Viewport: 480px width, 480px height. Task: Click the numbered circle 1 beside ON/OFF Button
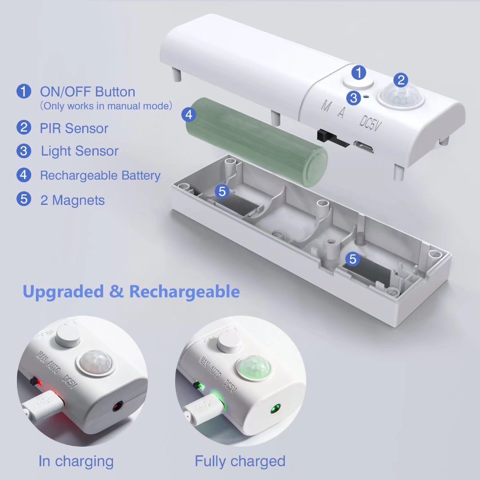point(24,91)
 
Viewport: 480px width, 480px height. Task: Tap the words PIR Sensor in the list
point(74,128)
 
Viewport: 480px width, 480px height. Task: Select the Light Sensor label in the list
point(80,151)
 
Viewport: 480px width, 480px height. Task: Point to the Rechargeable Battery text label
point(100,176)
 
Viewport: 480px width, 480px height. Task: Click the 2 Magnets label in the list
point(72,200)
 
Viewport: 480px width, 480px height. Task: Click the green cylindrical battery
point(256,142)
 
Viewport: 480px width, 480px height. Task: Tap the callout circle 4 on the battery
point(189,115)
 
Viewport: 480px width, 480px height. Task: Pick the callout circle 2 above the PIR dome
point(401,80)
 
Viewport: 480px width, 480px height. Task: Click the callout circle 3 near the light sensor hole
point(354,98)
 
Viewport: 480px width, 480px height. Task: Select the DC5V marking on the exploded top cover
point(370,123)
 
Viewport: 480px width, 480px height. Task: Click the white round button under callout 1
point(358,83)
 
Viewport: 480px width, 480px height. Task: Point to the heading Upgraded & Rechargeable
point(131,291)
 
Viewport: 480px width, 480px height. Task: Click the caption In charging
point(76,461)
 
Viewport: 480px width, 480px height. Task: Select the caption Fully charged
point(240,461)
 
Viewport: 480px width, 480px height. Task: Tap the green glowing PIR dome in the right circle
point(254,368)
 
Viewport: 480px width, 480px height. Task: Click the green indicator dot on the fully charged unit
point(276,409)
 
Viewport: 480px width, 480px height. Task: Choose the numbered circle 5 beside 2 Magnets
point(24,199)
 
